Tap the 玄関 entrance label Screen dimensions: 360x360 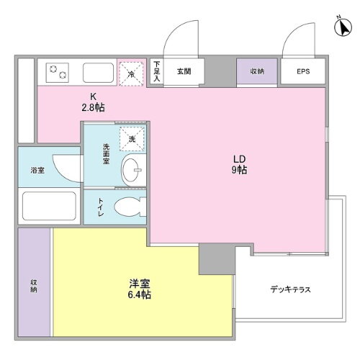(x=183, y=72)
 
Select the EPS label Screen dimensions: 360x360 (x=304, y=72)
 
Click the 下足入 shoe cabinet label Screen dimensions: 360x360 (x=156, y=72)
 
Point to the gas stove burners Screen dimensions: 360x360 (x=58, y=72)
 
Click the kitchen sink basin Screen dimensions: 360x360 (x=99, y=73)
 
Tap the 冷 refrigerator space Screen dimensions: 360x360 (x=132, y=73)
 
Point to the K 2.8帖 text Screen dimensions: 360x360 (x=91, y=104)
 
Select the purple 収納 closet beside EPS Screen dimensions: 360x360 (x=257, y=72)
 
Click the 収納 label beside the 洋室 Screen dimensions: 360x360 (x=33, y=284)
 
